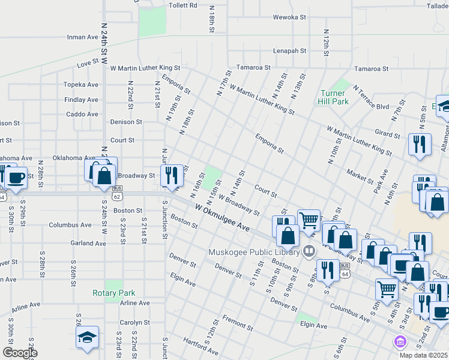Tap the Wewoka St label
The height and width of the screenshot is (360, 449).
point(290,17)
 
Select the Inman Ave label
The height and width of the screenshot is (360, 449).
point(83,37)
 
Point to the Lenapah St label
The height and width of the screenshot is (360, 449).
point(290,51)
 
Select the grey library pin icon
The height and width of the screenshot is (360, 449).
point(310,250)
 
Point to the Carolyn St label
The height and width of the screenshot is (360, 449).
point(134,322)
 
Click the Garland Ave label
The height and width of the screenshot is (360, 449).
point(88,243)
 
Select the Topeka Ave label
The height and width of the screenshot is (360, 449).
point(81,85)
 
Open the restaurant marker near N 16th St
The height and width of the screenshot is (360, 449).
point(172,175)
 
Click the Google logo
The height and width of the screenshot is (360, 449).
point(20,353)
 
